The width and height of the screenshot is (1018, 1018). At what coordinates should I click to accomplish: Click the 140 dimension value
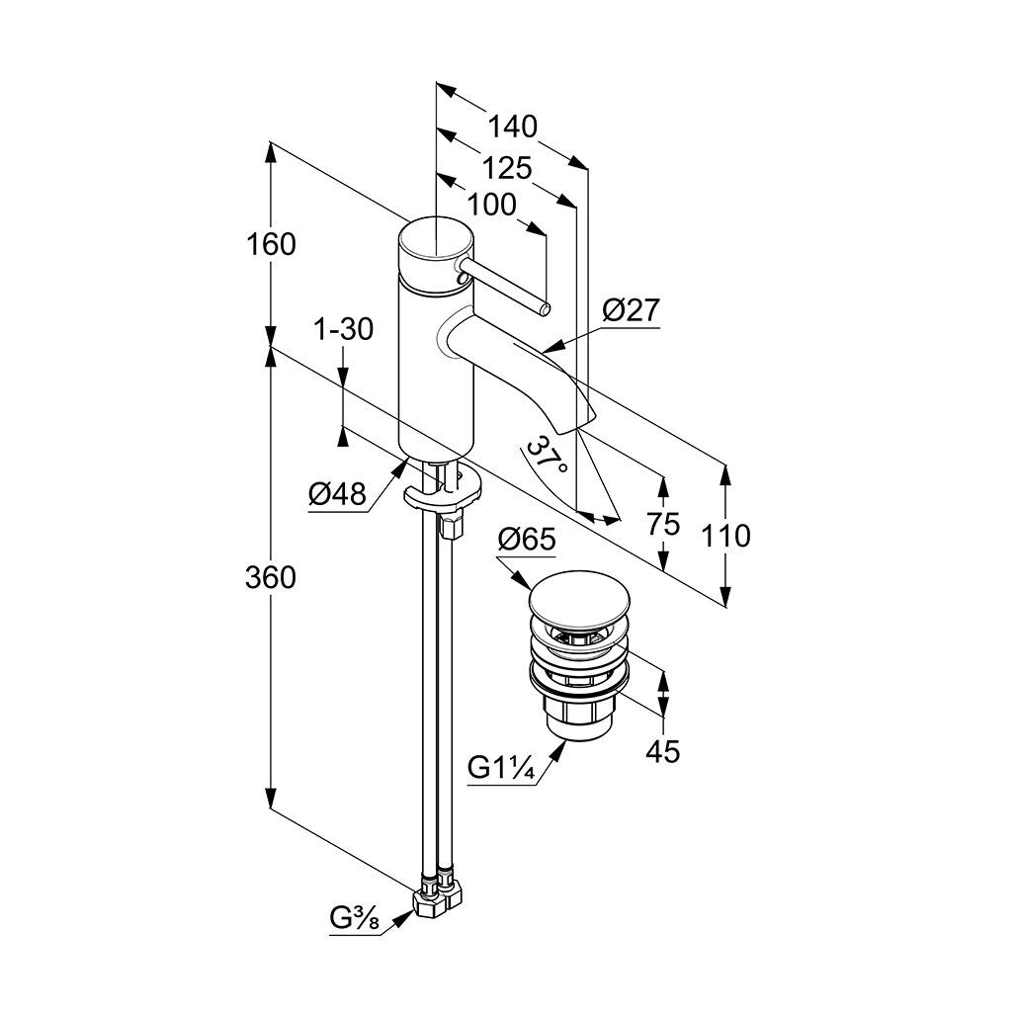pos(513,127)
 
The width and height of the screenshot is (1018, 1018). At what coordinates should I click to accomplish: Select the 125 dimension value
pos(507,167)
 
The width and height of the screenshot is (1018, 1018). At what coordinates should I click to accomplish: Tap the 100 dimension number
pos(491,205)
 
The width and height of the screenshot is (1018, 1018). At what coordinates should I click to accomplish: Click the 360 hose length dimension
pos(271,577)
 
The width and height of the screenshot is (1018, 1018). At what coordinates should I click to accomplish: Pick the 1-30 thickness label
pos(342,329)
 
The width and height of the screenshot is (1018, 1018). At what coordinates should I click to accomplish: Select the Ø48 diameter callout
pos(337,494)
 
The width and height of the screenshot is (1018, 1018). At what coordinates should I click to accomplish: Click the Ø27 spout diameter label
pos(631,311)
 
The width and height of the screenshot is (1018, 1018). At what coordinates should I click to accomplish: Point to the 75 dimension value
pos(664,524)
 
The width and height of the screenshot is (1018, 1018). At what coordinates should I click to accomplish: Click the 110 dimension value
pos(727,536)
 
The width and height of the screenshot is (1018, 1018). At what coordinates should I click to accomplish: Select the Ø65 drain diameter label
pos(527,540)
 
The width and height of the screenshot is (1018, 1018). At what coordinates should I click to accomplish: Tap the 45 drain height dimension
pos(663,752)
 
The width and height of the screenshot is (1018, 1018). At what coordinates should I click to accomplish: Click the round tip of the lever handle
pos(546,310)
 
